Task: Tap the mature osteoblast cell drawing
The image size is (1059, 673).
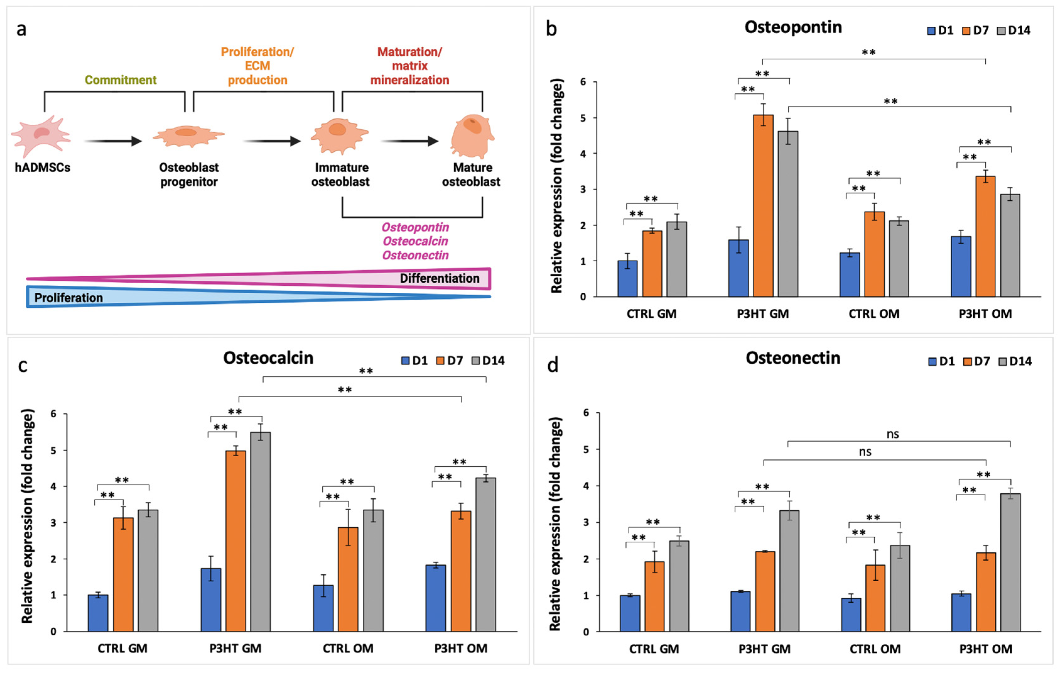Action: [x=472, y=136]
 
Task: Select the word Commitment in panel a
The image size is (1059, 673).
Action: [x=121, y=80]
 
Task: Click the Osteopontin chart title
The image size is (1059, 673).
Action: [x=793, y=27]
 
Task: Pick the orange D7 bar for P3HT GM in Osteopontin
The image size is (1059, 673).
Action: [x=763, y=206]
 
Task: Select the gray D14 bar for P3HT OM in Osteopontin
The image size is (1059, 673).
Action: [x=1010, y=245]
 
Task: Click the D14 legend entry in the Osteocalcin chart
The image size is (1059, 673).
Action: [x=488, y=361]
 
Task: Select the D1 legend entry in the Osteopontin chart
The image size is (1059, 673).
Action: [x=940, y=30]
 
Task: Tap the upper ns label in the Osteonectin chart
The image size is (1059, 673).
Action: [x=892, y=434]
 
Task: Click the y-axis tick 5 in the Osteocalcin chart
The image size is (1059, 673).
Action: [x=53, y=450]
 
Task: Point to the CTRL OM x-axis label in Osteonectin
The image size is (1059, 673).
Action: [x=875, y=649]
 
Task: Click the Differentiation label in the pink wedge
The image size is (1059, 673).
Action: [x=439, y=278]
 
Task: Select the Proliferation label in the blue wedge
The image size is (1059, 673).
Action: [x=69, y=298]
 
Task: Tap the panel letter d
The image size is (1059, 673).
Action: [x=552, y=365]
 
